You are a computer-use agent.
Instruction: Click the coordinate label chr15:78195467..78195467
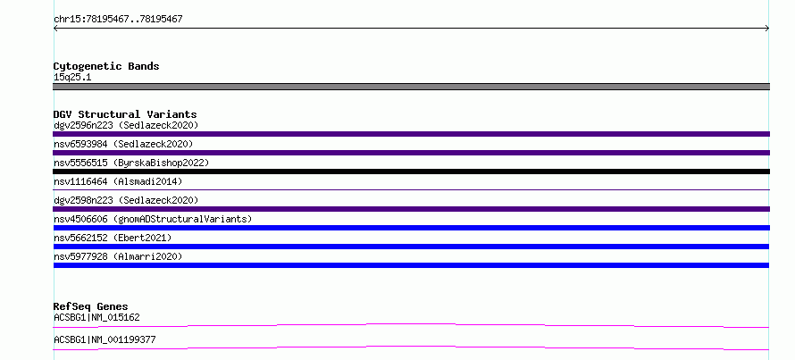[x=118, y=20]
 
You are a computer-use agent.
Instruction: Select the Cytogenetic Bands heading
[x=106, y=66]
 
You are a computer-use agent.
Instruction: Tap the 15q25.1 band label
[x=72, y=78]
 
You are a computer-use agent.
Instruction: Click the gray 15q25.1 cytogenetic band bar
[x=411, y=87]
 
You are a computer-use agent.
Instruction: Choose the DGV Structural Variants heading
[x=125, y=114]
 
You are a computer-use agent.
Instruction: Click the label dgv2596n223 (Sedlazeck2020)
[x=126, y=125]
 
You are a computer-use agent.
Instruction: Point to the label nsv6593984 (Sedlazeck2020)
[x=123, y=144]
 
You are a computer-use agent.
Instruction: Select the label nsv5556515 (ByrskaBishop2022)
[x=131, y=163]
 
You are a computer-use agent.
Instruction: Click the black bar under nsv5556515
[x=411, y=172]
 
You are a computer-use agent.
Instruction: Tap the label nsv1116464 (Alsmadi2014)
[x=118, y=181]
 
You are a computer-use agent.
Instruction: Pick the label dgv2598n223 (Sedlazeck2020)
[x=126, y=200]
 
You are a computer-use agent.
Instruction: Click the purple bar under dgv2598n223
[x=411, y=209]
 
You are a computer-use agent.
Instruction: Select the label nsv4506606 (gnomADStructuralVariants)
[x=153, y=219]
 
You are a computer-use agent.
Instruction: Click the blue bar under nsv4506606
[x=411, y=228]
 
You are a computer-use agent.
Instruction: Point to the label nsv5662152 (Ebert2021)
[x=113, y=238]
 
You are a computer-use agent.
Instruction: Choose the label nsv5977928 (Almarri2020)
[x=118, y=256]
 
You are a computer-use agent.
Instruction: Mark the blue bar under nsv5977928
[x=411, y=265]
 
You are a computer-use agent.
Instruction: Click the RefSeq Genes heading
[x=91, y=306]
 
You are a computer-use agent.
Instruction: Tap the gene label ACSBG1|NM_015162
[x=96, y=318]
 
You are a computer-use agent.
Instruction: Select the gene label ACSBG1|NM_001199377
[x=105, y=339]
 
